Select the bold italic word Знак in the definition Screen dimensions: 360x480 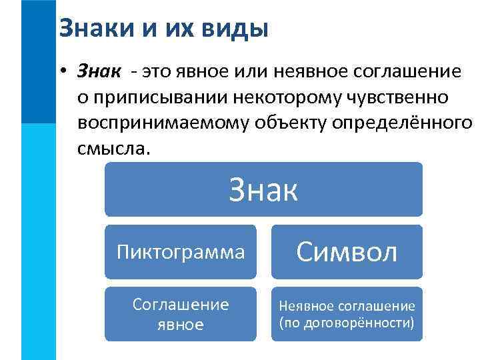point(99,70)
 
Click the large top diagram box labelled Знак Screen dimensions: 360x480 point(263,190)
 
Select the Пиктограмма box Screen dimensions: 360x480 point(180,252)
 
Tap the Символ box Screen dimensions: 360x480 point(347,252)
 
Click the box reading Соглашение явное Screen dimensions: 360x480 point(180,314)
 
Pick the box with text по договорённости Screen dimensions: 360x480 point(347,314)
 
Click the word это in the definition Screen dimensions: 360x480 point(155,70)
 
